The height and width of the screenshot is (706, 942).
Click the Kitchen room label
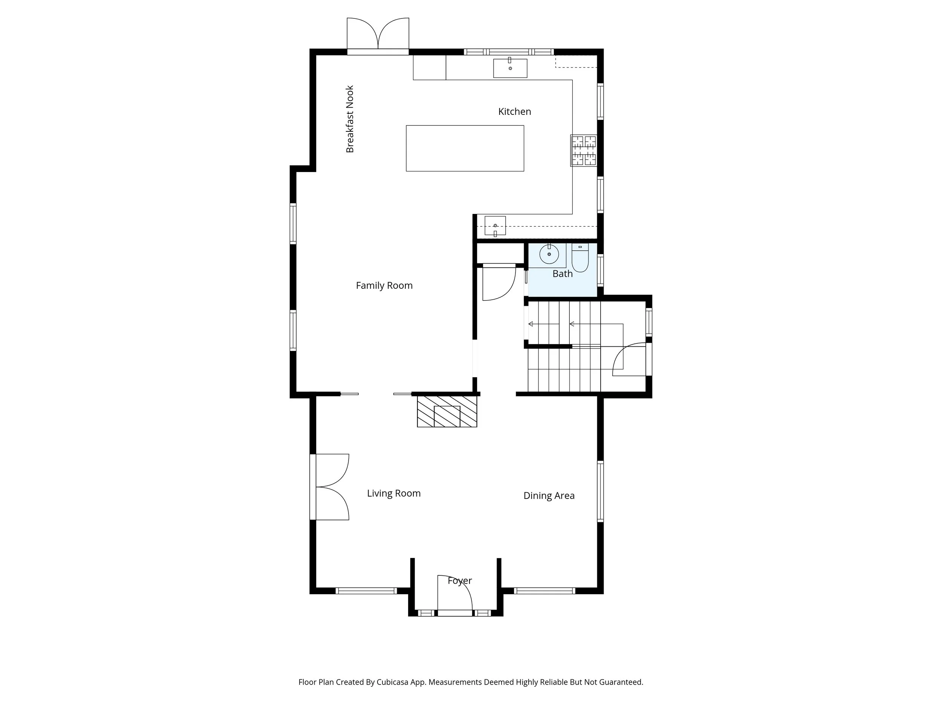514,111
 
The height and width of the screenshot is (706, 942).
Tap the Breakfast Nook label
350,119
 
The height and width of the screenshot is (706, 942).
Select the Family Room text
384,285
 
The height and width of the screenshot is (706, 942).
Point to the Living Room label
394,493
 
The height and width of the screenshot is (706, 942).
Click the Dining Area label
549,496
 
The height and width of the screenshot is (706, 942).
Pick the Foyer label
460,581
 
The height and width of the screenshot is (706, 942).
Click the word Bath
563,274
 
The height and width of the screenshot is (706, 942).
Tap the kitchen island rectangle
465,148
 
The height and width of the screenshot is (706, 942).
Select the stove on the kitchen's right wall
583,150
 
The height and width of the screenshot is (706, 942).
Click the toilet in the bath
580,258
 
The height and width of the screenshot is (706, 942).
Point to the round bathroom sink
549,255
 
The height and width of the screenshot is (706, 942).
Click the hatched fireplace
447,411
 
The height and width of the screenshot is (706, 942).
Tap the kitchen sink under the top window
510,68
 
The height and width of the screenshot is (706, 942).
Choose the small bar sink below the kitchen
495,226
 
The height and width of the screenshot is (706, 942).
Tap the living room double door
330,487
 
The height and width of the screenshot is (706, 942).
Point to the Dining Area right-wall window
601,491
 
